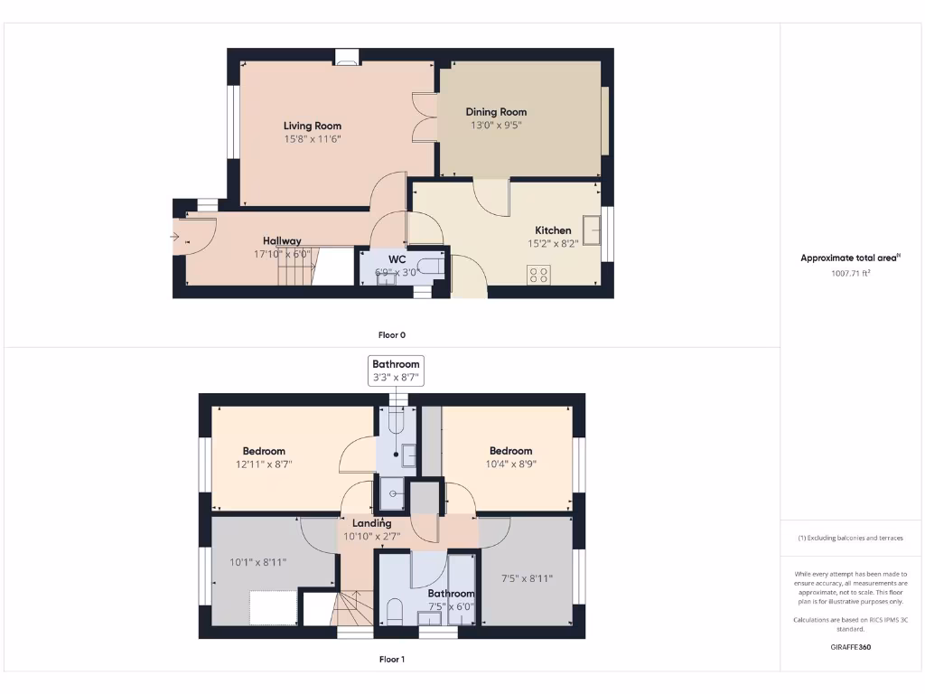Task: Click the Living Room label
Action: coord(313,126)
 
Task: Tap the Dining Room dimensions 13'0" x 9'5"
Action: coord(496,126)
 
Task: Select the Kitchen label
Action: coord(553,230)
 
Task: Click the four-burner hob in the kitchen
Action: coord(538,275)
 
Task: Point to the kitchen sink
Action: coord(593,230)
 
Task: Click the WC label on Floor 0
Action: coord(397,258)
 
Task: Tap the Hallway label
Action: coord(282,240)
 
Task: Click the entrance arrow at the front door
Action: coord(173,238)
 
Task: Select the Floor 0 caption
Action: coord(391,334)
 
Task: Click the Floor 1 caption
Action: coord(391,659)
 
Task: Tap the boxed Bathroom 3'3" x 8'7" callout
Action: coord(397,370)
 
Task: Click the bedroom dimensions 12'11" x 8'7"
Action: coord(264,464)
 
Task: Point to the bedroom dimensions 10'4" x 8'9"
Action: coord(510,464)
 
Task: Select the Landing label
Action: coord(371,523)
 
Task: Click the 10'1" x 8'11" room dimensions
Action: coord(257,561)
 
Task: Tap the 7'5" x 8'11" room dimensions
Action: coord(527,578)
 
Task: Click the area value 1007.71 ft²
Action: coord(850,272)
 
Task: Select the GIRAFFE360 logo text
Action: coord(850,647)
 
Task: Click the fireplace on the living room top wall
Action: coord(346,58)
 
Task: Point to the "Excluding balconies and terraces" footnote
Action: coord(850,538)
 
